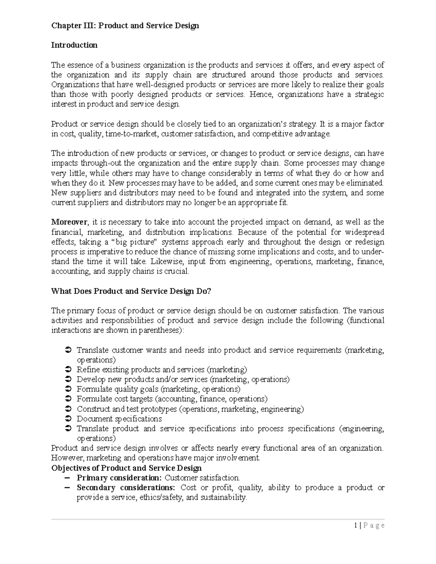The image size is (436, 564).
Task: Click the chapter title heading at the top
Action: click(x=125, y=26)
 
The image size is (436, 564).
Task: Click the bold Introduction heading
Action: click(x=74, y=45)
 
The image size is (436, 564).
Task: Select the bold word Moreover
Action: click(x=69, y=222)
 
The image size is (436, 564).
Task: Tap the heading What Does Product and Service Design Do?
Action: click(x=131, y=291)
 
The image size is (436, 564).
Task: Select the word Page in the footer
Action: click(x=373, y=525)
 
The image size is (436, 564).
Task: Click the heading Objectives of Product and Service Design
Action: click(x=126, y=468)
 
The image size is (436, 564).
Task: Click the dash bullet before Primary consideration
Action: click(x=66, y=478)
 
